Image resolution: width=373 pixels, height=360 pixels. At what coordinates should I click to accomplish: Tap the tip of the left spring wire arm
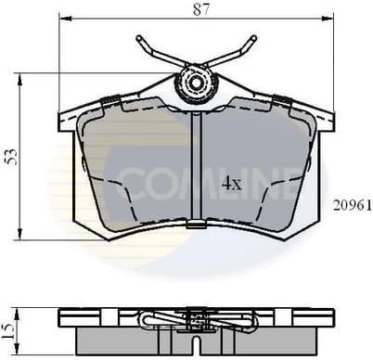point(138,39)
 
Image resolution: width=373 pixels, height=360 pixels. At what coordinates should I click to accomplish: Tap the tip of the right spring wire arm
point(253,39)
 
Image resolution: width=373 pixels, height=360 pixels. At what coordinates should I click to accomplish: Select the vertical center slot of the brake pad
point(196,167)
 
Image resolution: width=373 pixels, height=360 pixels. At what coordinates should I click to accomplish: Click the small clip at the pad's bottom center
point(196,224)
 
